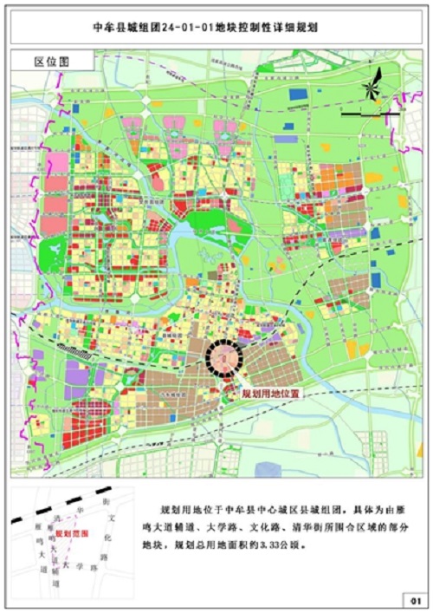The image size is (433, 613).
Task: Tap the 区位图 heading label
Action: click(51, 62)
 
